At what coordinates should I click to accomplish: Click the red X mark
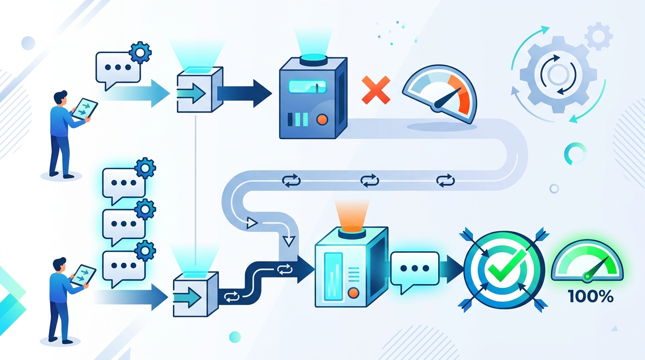(376, 90)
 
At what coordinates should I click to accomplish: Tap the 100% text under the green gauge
(591, 296)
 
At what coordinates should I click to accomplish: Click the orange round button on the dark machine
(322, 120)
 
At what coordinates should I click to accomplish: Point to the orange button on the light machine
(353, 293)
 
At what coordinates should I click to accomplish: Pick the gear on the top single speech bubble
(140, 52)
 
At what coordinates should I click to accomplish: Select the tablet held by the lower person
(83, 275)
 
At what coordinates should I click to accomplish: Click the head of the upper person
(60, 97)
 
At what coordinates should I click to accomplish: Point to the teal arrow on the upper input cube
(192, 93)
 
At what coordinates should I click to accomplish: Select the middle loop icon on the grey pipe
(370, 180)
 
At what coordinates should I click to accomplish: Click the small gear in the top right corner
(599, 36)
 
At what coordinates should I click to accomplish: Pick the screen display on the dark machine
(307, 87)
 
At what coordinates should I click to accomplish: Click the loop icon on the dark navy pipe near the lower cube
(232, 297)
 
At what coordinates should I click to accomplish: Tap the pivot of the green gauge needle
(587, 277)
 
